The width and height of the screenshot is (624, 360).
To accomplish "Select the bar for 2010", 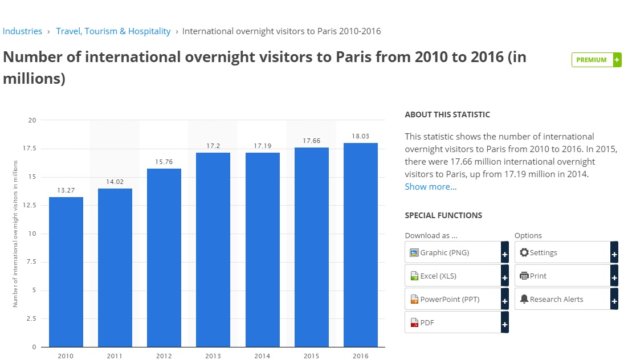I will [66, 272].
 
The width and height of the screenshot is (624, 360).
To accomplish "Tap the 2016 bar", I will [361, 244].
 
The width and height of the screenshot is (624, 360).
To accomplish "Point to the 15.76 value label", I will [164, 162].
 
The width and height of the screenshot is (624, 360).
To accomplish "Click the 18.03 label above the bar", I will [361, 136].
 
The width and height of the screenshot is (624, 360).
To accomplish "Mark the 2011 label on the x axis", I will [115, 356].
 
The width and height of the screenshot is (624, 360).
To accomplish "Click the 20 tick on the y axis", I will [32, 120].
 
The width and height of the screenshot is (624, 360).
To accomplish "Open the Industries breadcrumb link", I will [22, 31].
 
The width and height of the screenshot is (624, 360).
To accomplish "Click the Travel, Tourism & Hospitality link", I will [113, 31].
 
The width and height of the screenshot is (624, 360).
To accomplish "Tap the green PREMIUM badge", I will [596, 60].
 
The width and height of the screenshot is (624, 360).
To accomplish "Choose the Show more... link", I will [430, 187].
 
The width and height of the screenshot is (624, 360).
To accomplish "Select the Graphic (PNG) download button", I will [456, 252].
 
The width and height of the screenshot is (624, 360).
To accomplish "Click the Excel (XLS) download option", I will [456, 276].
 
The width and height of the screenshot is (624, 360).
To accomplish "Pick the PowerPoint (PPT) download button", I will [456, 299].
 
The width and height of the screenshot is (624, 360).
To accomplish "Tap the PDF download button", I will [456, 322].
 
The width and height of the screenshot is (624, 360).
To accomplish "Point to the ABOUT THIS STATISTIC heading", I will [447, 114].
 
